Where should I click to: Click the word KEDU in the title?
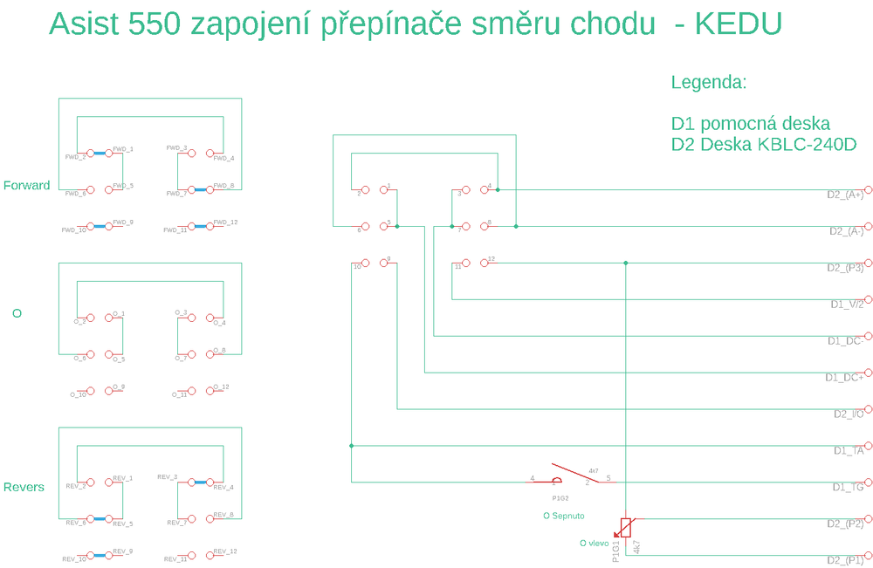tap(738, 24)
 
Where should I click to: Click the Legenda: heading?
tap(709, 83)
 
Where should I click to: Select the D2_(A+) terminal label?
tap(845, 195)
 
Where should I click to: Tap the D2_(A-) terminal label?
tap(846, 231)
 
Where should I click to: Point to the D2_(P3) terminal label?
tap(845, 268)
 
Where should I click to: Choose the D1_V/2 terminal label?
tap(847, 305)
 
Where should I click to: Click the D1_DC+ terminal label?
tap(844, 378)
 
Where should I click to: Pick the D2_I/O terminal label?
tap(849, 414)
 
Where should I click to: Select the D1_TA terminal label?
tap(849, 451)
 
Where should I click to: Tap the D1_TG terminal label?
tap(848, 488)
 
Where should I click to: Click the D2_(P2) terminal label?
tap(845, 524)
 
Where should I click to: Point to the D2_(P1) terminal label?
tap(845, 560)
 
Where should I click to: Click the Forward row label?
tap(27, 185)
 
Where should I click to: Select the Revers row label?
tap(24, 487)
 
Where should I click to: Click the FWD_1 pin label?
tap(123, 149)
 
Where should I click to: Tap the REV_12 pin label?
tap(225, 551)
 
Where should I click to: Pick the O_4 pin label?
tap(219, 323)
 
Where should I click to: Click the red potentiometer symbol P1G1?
tap(625, 527)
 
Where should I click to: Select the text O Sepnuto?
tap(563, 516)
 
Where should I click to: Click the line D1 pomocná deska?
tap(750, 123)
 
